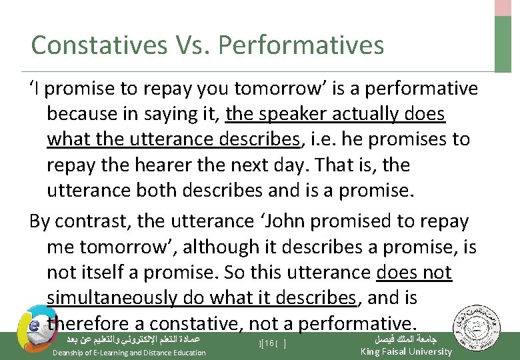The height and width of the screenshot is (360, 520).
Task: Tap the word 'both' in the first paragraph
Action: (x=176, y=190)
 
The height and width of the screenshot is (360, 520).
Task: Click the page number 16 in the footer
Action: (x=270, y=343)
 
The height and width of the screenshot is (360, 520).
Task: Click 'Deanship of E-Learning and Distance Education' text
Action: (x=129, y=352)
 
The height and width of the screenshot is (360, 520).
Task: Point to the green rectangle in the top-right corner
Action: (x=504, y=43)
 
